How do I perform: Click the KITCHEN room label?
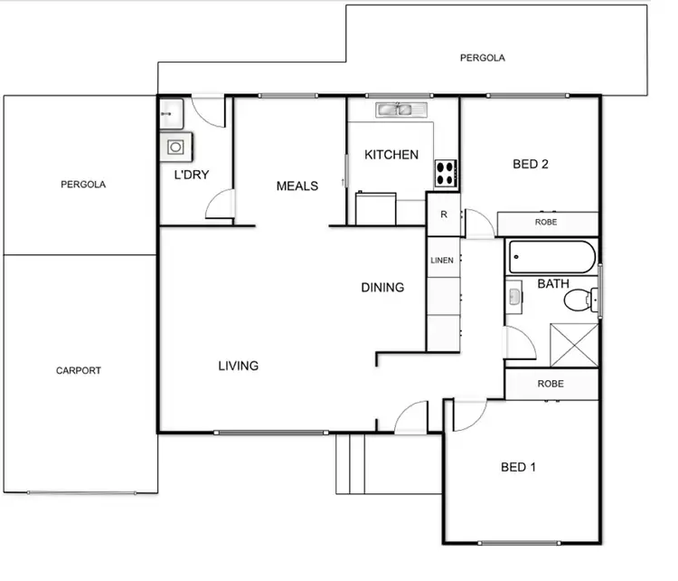[x=391, y=155]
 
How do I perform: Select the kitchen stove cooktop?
[x=447, y=172]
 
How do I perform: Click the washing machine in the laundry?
[x=174, y=147]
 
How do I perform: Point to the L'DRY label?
[x=192, y=175]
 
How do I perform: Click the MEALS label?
[x=297, y=186]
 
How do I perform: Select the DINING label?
[x=382, y=288]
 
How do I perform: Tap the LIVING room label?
[x=238, y=367]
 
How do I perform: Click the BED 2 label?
[x=531, y=165]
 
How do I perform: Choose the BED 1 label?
[x=519, y=468]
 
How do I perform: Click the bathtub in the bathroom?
[x=551, y=257]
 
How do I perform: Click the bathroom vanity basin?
[x=514, y=296]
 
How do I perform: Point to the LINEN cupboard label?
[x=441, y=261]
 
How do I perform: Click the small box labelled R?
[x=443, y=214]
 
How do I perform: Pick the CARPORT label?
[x=79, y=371]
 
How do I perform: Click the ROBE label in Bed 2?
[x=546, y=222]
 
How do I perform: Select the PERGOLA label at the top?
[x=482, y=58]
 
